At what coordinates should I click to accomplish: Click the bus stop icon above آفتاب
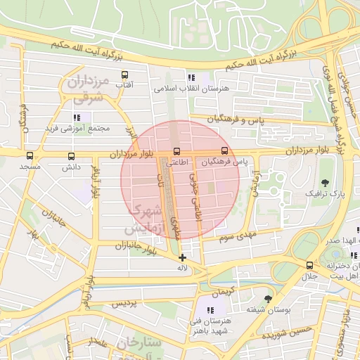pyautogui.click(x=125, y=75)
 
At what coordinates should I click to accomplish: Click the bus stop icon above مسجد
pyautogui.click(x=30, y=156)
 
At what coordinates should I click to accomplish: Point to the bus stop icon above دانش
pyautogui.click(x=70, y=156)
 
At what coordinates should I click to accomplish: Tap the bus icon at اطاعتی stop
pyautogui.click(x=176, y=151)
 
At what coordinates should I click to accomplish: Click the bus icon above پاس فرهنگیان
pyautogui.click(x=224, y=150)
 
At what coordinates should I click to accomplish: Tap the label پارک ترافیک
pyautogui.click(x=324, y=192)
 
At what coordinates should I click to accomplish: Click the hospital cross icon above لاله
pyautogui.click(x=183, y=257)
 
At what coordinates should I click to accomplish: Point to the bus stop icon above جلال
pyautogui.click(x=309, y=265)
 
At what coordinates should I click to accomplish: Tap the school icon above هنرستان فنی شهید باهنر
pyautogui.click(x=210, y=310)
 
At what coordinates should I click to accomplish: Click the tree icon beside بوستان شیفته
pyautogui.click(x=267, y=299)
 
